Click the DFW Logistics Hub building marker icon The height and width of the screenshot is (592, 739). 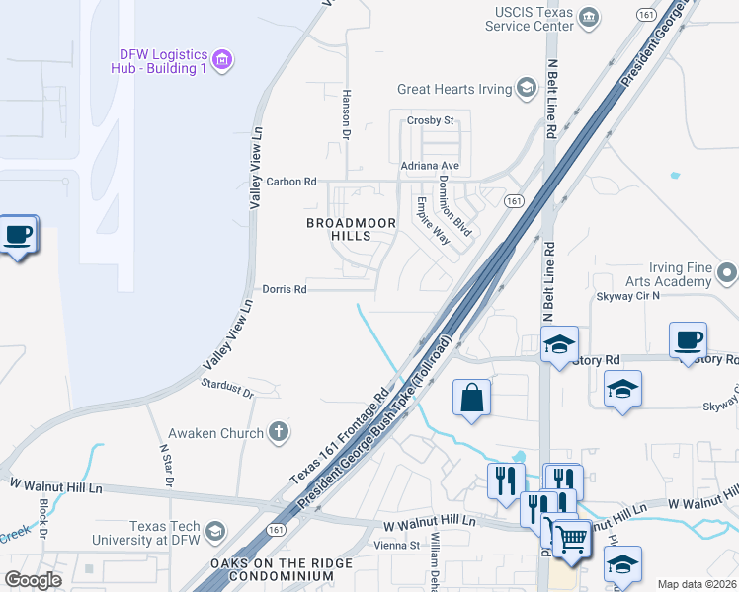click(222, 61)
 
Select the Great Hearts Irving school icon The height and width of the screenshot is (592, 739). click(528, 89)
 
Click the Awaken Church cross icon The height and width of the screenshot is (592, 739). click(279, 432)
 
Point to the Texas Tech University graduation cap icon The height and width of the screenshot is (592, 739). click(213, 533)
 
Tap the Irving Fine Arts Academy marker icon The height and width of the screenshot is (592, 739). click(728, 270)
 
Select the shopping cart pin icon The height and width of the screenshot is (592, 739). click(570, 538)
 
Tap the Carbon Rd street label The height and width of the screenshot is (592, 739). click(291, 182)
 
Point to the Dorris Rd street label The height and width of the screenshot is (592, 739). click(285, 289)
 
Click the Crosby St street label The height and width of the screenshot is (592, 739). click(430, 121)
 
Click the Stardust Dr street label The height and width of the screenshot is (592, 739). click(228, 389)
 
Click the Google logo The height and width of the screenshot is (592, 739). click(33, 580)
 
